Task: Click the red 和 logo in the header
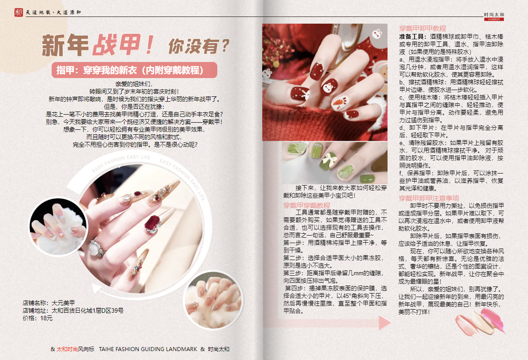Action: pos(19,12)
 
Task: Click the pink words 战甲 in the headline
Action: pos(116,45)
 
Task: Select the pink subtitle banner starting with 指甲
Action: pos(134,70)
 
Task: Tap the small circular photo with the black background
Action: pos(58,226)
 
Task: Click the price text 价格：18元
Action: pos(38,318)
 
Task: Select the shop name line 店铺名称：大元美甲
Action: pos(49,303)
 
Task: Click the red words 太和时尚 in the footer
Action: pos(67,349)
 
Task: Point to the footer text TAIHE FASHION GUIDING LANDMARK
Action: pos(148,349)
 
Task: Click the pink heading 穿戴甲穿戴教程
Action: pos(307,205)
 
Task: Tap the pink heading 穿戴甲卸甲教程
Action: pos(423,28)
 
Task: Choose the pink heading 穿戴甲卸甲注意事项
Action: pos(429,198)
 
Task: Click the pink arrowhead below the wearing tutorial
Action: pos(384,323)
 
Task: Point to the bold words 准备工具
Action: pos(412,37)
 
